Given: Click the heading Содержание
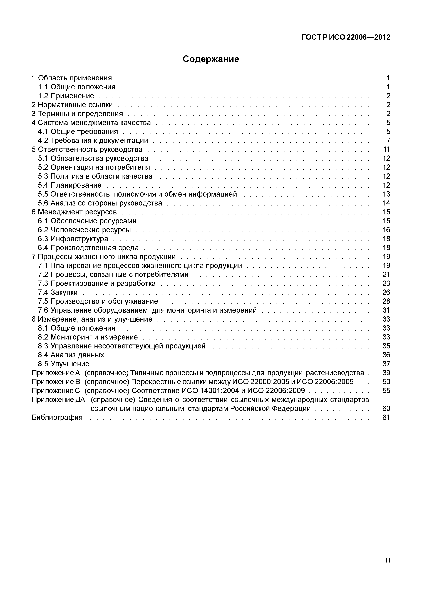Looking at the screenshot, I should pyautogui.click(x=211, y=59).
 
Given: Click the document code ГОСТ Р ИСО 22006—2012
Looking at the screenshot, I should pyautogui.click(x=346, y=37).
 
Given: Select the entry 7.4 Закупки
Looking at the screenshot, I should pyautogui.click(x=58, y=293).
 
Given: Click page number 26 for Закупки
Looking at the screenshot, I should pyautogui.click(x=386, y=293).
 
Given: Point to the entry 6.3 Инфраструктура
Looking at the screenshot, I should pyautogui.click(x=73, y=239).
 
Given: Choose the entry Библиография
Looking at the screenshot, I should pyautogui.click(x=57, y=418).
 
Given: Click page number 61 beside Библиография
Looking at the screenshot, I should pyautogui.click(x=386, y=418).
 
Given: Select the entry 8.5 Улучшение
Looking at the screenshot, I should pyautogui.click(x=63, y=364).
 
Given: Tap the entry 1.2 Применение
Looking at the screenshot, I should pyautogui.click(x=66, y=96).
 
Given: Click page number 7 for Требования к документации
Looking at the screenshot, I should pyautogui.click(x=388, y=140).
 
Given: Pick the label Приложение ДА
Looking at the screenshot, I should pyautogui.click(x=58, y=400).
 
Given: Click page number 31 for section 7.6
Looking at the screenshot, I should pyautogui.click(x=386, y=310).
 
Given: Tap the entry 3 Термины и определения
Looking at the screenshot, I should pyautogui.click(x=77, y=114).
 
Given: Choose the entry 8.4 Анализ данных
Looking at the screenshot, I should pyautogui.click(x=71, y=355).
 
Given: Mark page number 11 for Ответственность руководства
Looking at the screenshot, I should pyautogui.click(x=386, y=149).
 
